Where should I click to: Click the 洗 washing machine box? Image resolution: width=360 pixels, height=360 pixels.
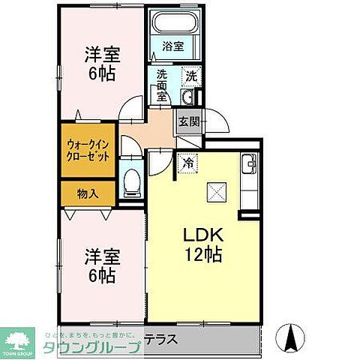click(191, 76)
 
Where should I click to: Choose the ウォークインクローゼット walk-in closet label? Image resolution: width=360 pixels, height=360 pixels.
click(88, 148)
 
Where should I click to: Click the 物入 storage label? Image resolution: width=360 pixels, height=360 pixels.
click(88, 193)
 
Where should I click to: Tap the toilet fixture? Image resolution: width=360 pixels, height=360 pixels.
click(132, 180)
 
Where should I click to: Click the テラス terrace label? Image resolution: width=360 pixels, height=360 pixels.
click(162, 339)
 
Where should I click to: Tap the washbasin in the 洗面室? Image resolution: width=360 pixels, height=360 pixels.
click(189, 97)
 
